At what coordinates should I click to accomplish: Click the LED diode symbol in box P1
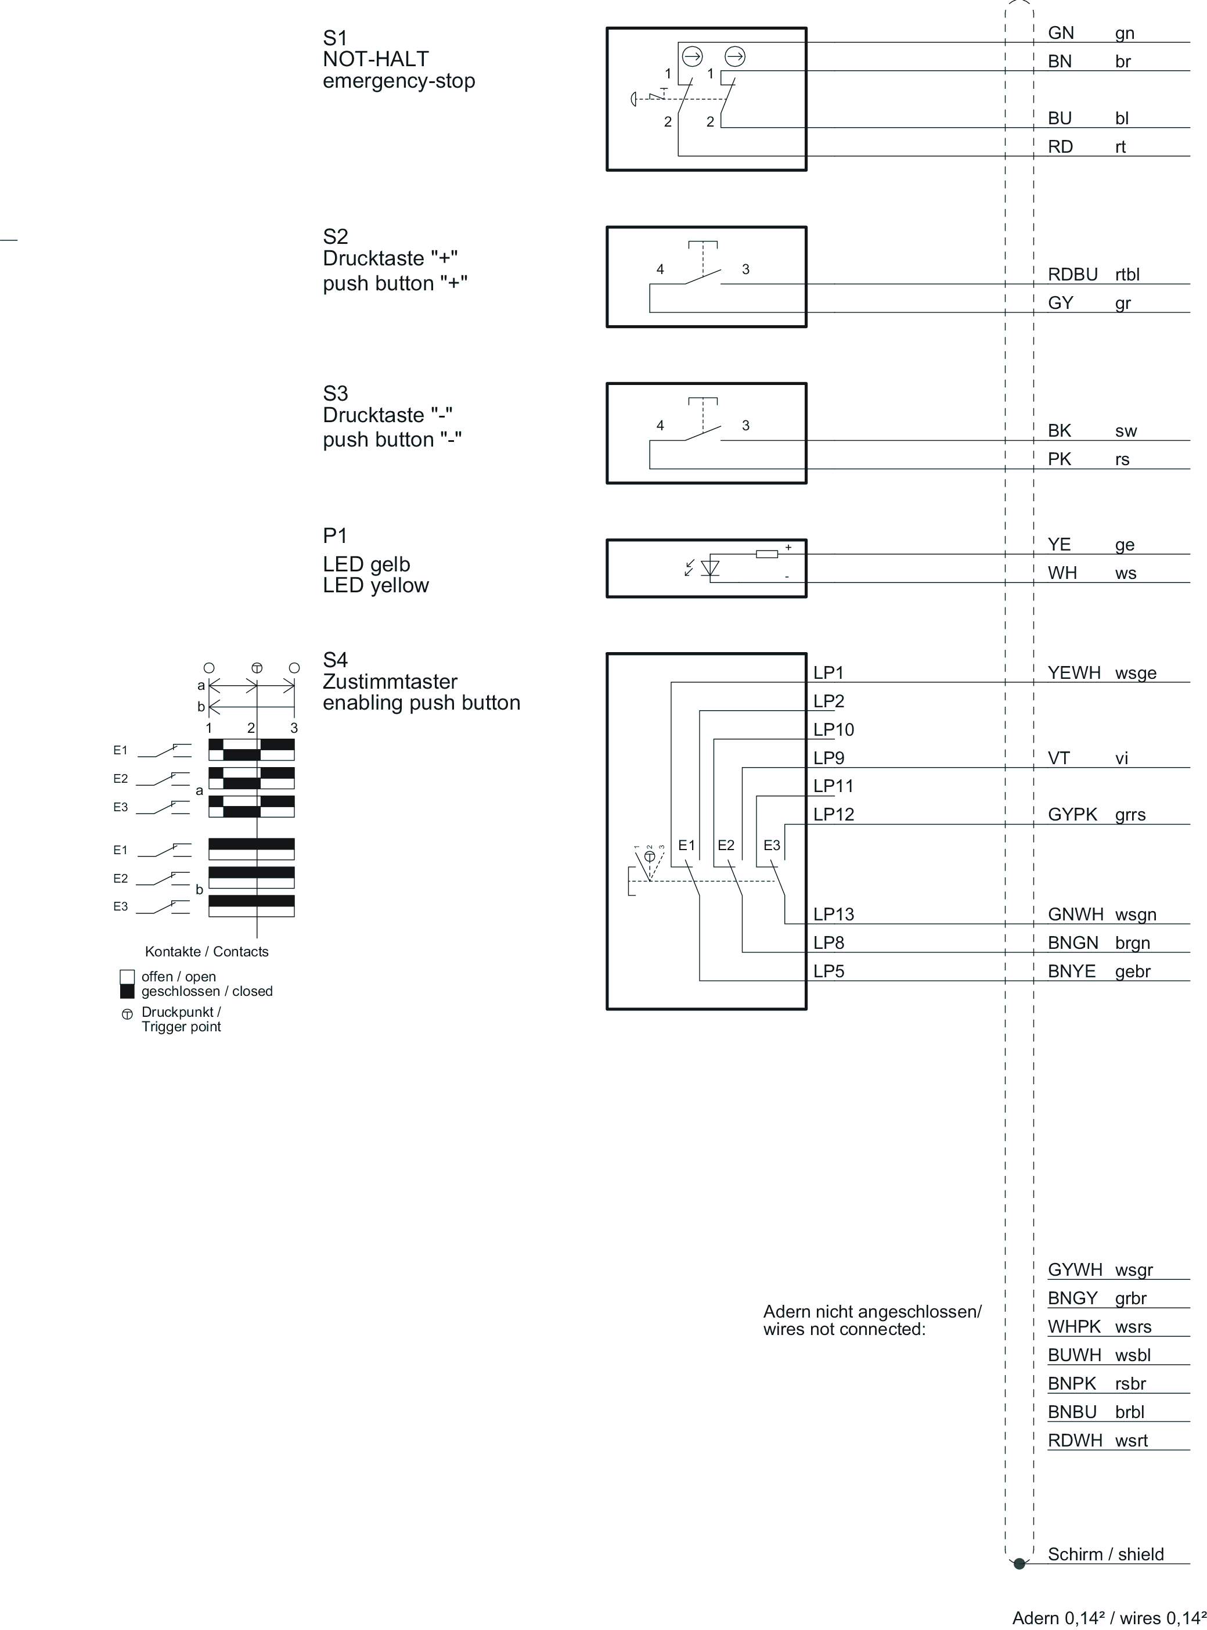(x=709, y=568)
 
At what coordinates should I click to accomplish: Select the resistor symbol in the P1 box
(x=766, y=554)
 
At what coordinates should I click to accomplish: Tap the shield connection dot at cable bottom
(x=1019, y=1564)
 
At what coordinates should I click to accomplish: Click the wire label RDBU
(x=1072, y=274)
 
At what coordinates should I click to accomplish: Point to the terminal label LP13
(x=834, y=914)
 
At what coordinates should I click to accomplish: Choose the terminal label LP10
(x=834, y=729)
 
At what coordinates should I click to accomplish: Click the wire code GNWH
(x=1075, y=914)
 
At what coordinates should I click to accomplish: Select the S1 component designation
(x=336, y=38)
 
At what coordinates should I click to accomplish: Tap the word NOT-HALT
(x=376, y=59)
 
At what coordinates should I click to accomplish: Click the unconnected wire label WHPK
(x=1074, y=1326)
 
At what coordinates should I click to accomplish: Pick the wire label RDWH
(x=1075, y=1440)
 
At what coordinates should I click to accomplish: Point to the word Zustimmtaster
(x=390, y=682)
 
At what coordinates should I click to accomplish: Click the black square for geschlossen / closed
(x=127, y=991)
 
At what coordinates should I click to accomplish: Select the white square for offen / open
(x=127, y=977)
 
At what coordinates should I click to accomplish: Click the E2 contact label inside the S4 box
(x=726, y=845)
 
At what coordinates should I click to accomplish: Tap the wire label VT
(x=1059, y=758)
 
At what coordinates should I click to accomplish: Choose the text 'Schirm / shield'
(x=1105, y=1554)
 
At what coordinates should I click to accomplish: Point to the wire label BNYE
(x=1072, y=971)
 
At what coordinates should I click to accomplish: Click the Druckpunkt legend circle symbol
(x=127, y=1014)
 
